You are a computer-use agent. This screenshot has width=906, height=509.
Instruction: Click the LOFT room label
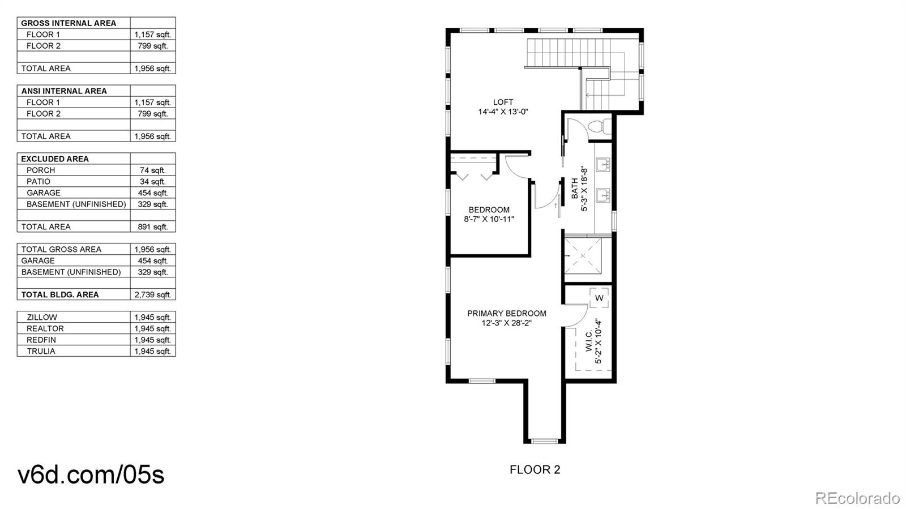click(503, 102)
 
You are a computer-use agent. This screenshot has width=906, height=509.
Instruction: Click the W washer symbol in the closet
click(599, 298)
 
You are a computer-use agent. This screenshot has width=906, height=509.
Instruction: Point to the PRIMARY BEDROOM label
click(506, 313)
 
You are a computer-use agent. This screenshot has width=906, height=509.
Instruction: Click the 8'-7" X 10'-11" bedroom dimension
click(489, 220)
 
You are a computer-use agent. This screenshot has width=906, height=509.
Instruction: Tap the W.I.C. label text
click(589, 341)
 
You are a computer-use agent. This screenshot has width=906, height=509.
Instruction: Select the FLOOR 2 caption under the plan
click(535, 469)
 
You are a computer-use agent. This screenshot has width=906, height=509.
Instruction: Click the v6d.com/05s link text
click(91, 474)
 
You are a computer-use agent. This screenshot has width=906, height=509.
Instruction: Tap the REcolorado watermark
click(857, 498)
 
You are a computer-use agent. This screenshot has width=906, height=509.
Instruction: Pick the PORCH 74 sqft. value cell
click(152, 170)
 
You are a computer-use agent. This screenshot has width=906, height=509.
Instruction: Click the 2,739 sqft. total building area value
click(152, 294)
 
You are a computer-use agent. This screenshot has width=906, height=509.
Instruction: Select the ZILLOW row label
click(42, 317)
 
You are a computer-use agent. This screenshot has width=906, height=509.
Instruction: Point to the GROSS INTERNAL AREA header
click(69, 23)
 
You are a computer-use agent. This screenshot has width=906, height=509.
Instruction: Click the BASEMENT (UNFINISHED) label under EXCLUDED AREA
click(76, 204)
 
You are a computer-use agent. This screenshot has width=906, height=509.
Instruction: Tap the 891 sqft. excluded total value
click(152, 226)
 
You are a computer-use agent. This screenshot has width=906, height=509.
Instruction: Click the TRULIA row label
click(41, 351)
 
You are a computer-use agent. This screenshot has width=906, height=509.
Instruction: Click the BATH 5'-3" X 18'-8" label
click(579, 189)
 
